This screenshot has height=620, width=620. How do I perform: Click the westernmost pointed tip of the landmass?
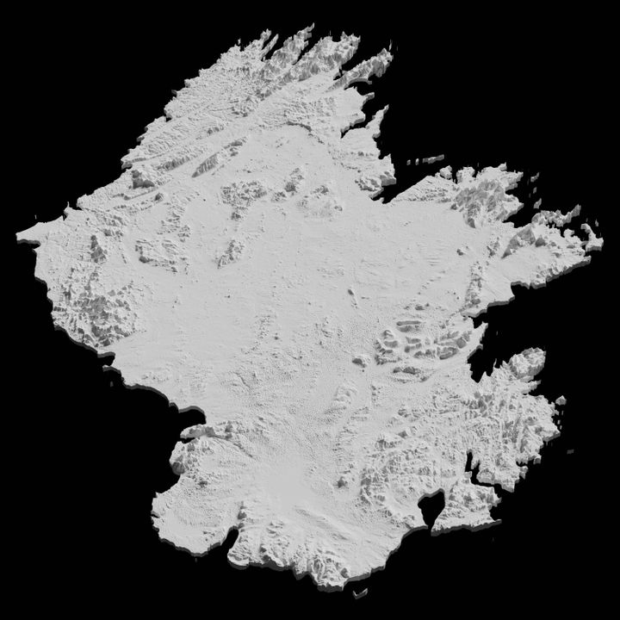[18, 234]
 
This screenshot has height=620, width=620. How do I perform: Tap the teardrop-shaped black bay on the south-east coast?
[430, 508]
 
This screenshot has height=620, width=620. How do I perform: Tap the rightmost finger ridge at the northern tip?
[379, 60]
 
